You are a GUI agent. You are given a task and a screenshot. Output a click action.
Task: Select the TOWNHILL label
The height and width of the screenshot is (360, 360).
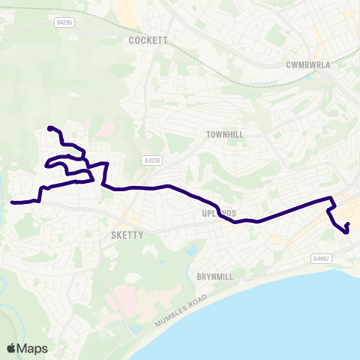pyautogui.click(x=226, y=134)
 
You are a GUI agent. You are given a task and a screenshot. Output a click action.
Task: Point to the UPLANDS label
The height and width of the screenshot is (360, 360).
pyautogui.click(x=219, y=214)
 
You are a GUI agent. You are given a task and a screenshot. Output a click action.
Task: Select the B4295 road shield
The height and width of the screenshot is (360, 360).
pyautogui.click(x=65, y=22)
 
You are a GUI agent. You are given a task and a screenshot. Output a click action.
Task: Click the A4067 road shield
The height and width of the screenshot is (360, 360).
pyautogui.click(x=320, y=259)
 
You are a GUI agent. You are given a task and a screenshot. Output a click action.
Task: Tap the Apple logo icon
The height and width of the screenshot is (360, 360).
pyautogui.click(x=11, y=348)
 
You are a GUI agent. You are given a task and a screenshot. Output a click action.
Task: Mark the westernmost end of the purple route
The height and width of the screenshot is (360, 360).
pyautogui.click(x=12, y=202)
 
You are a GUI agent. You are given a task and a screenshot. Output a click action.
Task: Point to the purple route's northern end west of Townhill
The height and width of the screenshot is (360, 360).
pyautogui.click(x=49, y=128)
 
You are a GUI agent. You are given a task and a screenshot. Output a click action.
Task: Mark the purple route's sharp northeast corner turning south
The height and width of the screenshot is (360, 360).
pyautogui.click(x=331, y=198)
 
